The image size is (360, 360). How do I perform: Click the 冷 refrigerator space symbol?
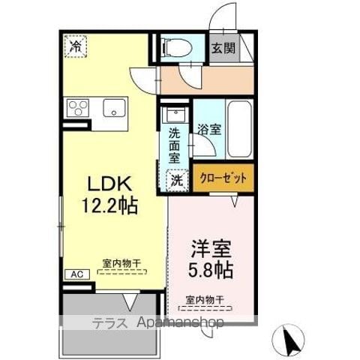click(x=76, y=46)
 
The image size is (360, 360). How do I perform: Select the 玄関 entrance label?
click(x=223, y=48)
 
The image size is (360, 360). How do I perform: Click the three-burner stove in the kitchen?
click(x=78, y=108)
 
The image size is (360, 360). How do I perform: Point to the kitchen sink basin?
click(x=114, y=108)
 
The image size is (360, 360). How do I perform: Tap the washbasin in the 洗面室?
click(x=176, y=115)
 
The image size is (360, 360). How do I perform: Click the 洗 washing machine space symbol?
click(x=177, y=181)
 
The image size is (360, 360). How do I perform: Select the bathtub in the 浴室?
click(x=239, y=129)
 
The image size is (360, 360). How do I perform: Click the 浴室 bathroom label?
click(x=209, y=129)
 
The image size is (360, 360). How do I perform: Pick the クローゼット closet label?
click(x=223, y=178)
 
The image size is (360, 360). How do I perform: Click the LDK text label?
click(x=109, y=184)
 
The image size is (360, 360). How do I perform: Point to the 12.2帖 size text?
click(x=110, y=205)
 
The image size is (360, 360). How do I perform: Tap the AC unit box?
click(x=77, y=274)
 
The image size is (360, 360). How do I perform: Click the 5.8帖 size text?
click(x=211, y=270)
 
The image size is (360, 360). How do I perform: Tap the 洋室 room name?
click(x=211, y=249)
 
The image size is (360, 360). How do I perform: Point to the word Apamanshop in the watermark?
click(x=180, y=322)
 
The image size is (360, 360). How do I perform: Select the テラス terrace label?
click(x=109, y=323)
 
